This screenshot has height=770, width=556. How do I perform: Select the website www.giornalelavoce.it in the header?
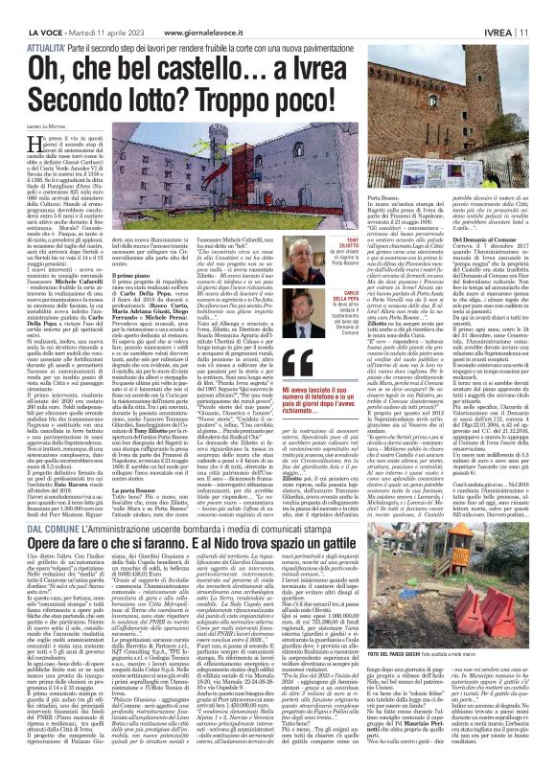point(197,9)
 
